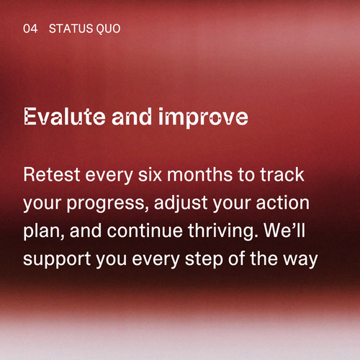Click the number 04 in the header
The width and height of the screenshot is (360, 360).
30,29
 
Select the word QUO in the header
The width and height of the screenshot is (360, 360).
108,29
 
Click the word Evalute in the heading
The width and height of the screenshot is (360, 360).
65,117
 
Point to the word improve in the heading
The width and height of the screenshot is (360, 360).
203,118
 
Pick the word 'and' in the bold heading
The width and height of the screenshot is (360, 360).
132,117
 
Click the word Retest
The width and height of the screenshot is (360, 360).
52,174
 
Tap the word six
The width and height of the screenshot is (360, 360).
150,174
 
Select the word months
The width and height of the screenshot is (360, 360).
199,174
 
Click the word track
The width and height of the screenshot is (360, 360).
282,174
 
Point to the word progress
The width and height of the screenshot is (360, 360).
106,204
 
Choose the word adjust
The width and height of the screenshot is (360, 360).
181,204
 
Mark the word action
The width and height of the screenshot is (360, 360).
283,203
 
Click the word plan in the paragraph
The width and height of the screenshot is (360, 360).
42,232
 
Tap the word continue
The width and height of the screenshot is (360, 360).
145,230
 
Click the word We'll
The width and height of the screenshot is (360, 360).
284,230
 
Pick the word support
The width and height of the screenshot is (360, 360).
57,260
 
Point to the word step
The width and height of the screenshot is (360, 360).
204,260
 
